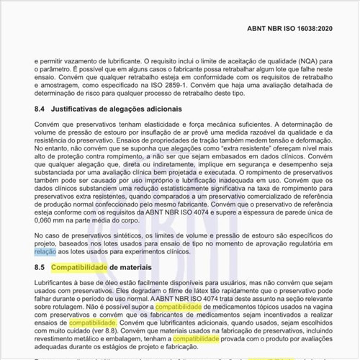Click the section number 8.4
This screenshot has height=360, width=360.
click(41, 109)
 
